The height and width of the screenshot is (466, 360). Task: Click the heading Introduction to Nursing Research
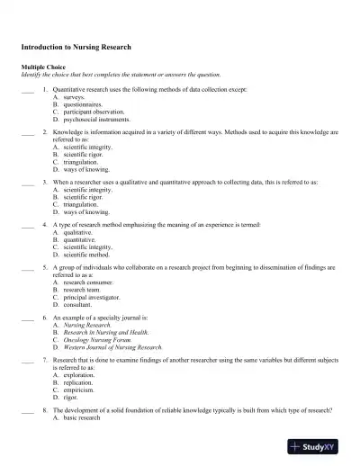(x=76, y=46)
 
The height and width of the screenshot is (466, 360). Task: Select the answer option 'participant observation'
(x=94, y=112)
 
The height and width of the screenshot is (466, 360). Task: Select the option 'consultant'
(x=81, y=305)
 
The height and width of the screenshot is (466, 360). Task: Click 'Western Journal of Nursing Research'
(x=112, y=346)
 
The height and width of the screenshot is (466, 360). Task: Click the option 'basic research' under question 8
(x=82, y=418)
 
